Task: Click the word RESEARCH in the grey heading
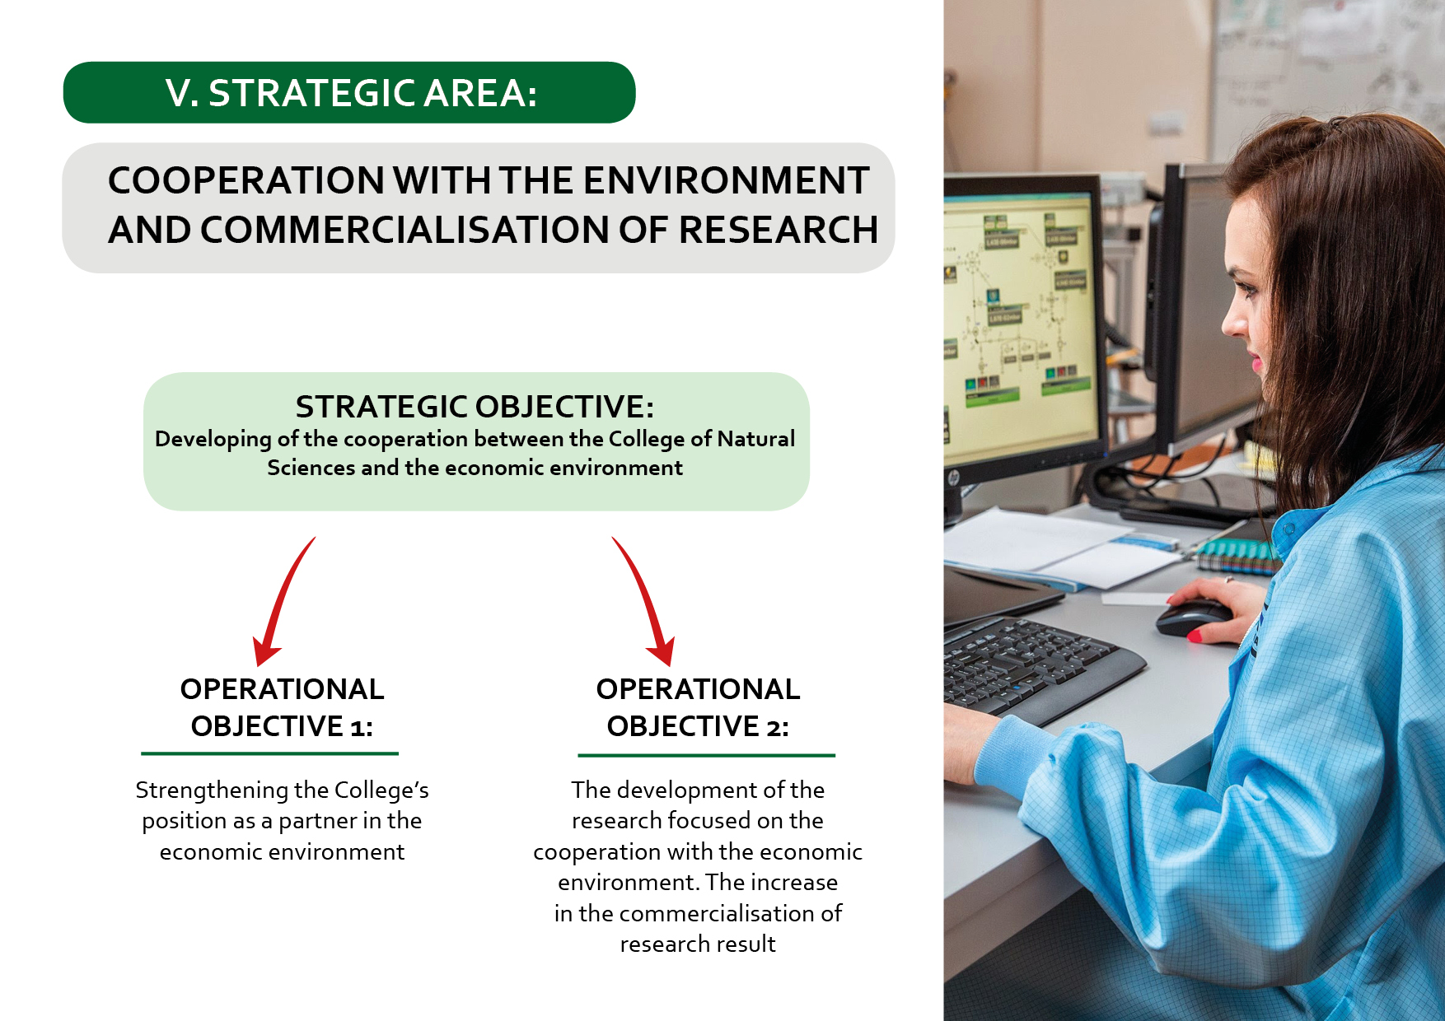pos(779,230)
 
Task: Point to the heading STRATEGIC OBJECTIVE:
pos(475,407)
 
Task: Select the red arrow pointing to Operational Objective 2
pos(645,602)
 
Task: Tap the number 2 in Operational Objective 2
pos(774,727)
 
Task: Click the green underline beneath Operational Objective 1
pos(269,753)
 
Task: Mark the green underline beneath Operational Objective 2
pos(706,755)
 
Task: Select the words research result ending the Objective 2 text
pos(698,944)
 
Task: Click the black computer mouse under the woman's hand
pos(1193,618)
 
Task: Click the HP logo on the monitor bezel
pos(953,476)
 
